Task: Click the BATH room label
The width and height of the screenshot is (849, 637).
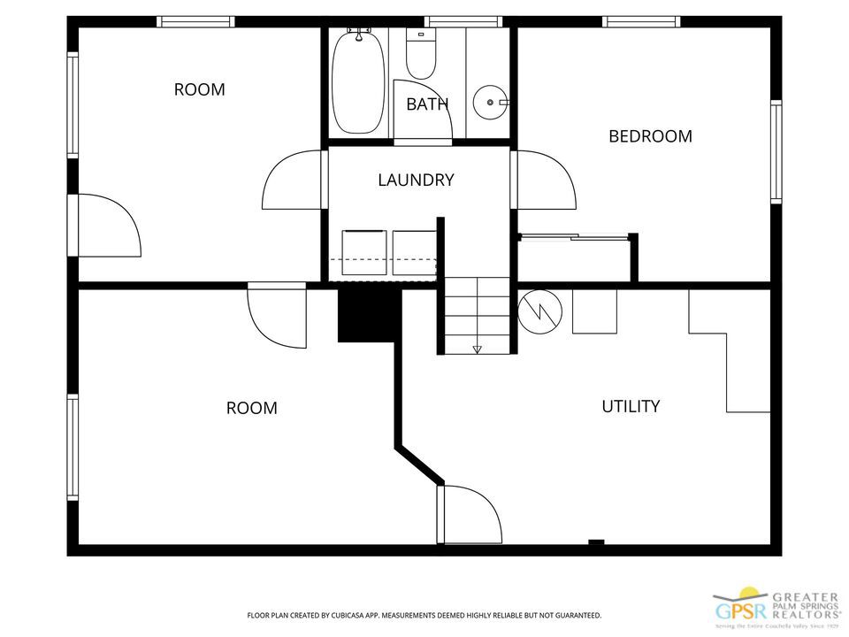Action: coord(427,104)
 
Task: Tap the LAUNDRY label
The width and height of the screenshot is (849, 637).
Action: coord(416,180)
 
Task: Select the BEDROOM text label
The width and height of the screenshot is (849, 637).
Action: coord(650,136)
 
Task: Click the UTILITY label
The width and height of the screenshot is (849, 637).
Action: coord(631,406)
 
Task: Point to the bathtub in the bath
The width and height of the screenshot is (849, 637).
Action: coord(359,81)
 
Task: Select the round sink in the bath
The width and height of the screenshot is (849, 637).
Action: coord(488,103)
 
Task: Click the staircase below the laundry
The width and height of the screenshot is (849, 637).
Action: coord(477,314)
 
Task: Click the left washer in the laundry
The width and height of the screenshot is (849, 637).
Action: coord(364,251)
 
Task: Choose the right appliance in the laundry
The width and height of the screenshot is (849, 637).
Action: coord(414,251)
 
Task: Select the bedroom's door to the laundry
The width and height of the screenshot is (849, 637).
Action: coord(543,180)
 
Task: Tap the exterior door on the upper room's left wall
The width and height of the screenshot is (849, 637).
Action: coord(106,226)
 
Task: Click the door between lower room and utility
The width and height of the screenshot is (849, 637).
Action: coord(468,514)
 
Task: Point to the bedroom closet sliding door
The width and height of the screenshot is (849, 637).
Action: coord(575,236)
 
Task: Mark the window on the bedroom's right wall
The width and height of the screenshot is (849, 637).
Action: coord(776,151)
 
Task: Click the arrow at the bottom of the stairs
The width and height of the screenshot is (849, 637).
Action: coord(478,349)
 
